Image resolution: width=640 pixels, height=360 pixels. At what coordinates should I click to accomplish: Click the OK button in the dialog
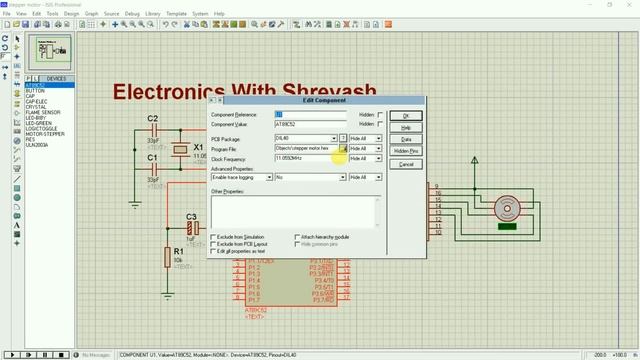click(x=405, y=115)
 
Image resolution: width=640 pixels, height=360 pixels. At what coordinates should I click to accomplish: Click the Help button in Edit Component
click(x=405, y=127)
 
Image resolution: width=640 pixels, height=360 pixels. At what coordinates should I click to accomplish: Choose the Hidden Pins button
click(x=405, y=151)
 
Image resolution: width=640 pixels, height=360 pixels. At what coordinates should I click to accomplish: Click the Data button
click(x=405, y=139)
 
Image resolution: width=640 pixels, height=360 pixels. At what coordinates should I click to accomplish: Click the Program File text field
click(x=306, y=148)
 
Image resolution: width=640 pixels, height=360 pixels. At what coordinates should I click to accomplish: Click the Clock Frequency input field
click(x=306, y=159)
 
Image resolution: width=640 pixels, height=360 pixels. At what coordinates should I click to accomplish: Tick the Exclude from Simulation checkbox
click(x=214, y=237)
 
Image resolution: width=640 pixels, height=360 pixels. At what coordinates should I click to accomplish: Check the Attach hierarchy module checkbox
click(x=297, y=237)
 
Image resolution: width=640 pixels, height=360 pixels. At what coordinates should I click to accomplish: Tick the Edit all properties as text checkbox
click(x=214, y=251)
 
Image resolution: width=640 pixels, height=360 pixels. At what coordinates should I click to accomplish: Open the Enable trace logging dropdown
click(x=341, y=177)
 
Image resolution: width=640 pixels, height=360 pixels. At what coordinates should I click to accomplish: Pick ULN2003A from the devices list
click(x=37, y=144)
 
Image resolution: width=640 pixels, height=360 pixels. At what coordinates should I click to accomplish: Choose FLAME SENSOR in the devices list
click(x=43, y=113)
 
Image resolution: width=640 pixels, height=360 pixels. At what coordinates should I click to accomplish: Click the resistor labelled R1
click(x=167, y=258)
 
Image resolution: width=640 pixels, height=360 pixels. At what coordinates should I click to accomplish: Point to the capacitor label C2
click(x=153, y=119)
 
